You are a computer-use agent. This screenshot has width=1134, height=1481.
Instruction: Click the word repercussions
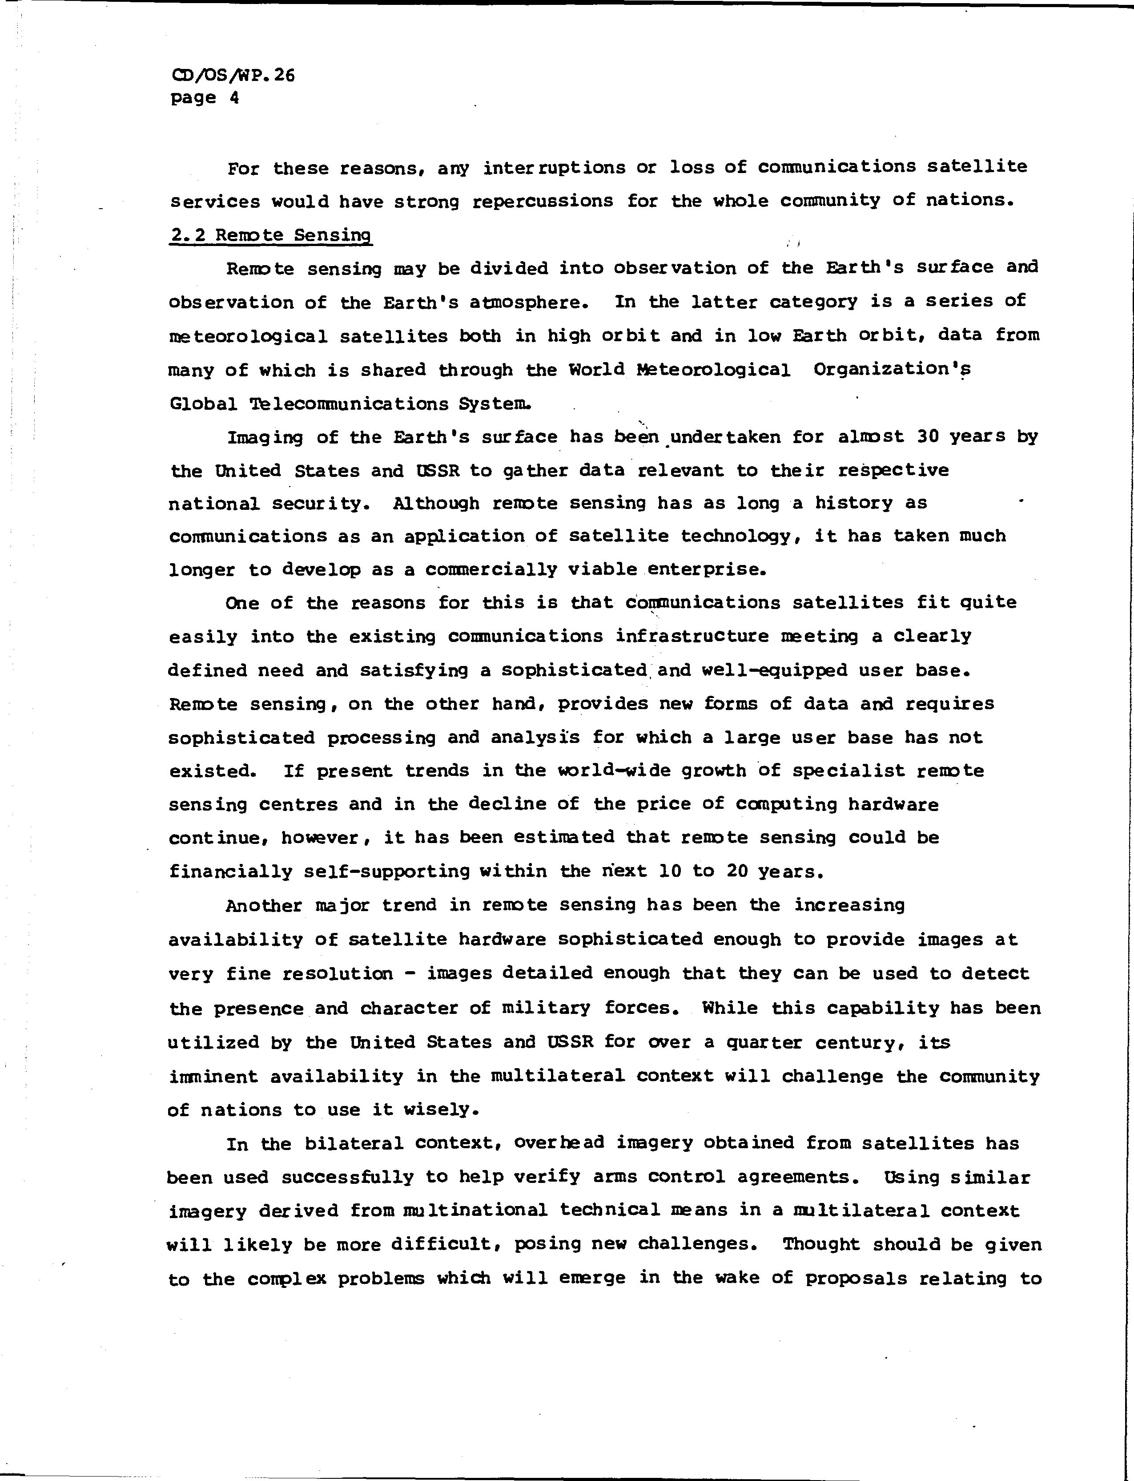coord(542,201)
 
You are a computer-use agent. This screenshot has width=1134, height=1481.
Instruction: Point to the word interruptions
coord(554,167)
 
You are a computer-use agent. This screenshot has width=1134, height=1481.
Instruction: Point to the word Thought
coord(821,1244)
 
